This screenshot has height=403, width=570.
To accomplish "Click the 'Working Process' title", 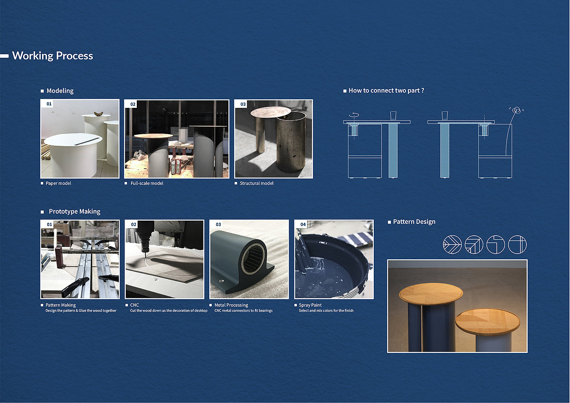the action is click(53, 56).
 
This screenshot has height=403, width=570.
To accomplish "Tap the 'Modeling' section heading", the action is click(60, 91).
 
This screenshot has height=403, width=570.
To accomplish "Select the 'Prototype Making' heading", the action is click(75, 211).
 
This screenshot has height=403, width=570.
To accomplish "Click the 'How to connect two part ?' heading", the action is click(386, 90).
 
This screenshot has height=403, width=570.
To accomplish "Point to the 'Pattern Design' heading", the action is click(414, 221).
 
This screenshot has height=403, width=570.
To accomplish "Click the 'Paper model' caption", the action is click(58, 183).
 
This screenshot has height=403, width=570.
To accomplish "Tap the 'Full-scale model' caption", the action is click(147, 183).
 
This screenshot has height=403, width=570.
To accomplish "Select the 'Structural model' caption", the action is click(256, 183).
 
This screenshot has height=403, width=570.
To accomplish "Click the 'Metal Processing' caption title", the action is click(231, 305).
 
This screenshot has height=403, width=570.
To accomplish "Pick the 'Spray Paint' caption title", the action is click(310, 305).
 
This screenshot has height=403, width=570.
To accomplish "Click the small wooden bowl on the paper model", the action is click(98, 114).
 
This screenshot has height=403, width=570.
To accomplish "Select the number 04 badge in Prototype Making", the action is click(303, 224).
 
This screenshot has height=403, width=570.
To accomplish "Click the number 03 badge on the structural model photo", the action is click(243, 104).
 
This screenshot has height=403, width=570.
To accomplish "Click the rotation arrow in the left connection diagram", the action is click(354, 115).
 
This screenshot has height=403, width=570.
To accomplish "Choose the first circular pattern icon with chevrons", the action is click(452, 245).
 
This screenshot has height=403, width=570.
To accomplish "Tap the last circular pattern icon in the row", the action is click(517, 245).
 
